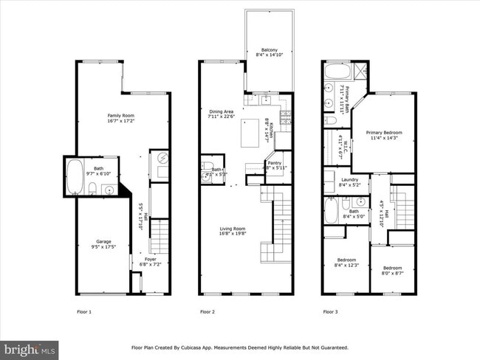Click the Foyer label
151,261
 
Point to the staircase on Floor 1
160,236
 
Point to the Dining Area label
221,114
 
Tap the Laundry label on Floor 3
349,182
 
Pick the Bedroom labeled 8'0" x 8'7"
392,270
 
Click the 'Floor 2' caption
208,312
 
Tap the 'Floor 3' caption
330,312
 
